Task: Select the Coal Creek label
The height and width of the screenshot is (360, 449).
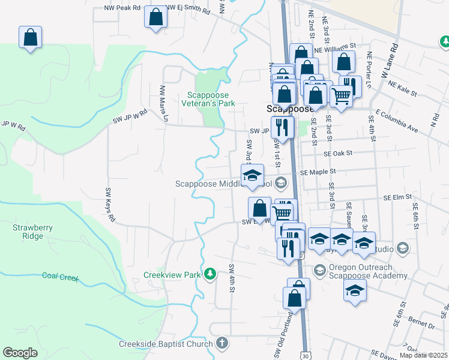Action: [x=61, y=277]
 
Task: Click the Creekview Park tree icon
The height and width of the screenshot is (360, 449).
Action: [x=209, y=275]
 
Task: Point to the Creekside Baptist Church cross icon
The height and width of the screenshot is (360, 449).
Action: [x=222, y=344]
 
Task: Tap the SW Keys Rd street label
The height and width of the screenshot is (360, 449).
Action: [x=110, y=205]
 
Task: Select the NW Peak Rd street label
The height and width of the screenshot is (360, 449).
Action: [x=122, y=8]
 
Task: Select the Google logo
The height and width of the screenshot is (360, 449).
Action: [x=20, y=353]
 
